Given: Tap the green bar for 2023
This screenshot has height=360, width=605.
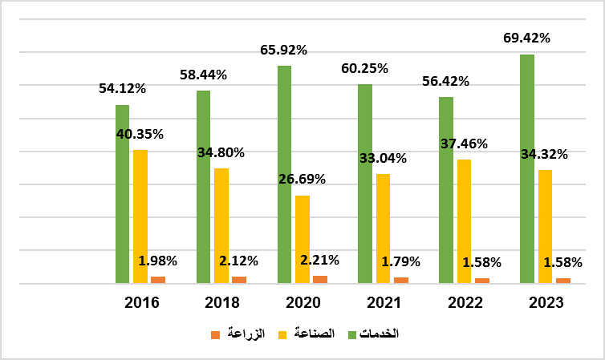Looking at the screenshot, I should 526,168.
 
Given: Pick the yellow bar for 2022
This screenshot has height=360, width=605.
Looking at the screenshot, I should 464,221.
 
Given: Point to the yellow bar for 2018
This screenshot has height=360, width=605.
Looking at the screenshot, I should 221,225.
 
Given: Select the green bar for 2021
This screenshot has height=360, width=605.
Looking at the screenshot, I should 365,184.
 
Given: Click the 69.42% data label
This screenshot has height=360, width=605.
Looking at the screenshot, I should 528,38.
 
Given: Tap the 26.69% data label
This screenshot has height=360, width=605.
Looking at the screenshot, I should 302,179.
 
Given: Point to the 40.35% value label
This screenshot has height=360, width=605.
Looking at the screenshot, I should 140,134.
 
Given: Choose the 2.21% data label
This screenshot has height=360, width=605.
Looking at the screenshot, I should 319,260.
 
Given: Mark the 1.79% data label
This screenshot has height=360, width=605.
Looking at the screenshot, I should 400,261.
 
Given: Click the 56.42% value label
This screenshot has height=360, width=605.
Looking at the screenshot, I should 446,81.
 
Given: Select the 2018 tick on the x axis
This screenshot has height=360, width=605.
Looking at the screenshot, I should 222,303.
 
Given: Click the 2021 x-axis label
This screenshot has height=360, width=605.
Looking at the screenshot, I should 384,303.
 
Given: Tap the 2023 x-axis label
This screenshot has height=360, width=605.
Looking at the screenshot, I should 546,303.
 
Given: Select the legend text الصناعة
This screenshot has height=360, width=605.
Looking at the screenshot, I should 311,334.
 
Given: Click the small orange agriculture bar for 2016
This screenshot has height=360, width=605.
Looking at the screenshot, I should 158,280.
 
